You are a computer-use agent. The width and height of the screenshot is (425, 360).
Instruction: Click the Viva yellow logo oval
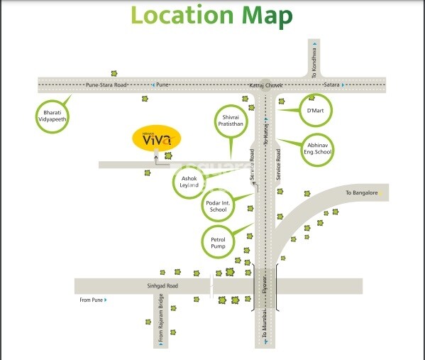coord(158,139)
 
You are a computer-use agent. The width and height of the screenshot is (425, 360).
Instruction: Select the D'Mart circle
coord(314,111)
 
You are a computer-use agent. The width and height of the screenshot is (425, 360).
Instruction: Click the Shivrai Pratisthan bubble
coord(233,121)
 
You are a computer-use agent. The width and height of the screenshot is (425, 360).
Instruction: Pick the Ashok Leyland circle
coord(189,182)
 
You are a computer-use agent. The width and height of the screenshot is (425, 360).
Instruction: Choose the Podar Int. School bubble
coord(219,206)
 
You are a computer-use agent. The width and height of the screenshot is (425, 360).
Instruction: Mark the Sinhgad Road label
coord(162,285)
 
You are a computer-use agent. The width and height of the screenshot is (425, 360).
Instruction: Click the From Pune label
coord(90,300)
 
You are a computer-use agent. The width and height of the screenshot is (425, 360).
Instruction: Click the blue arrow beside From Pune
coord(106,300)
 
